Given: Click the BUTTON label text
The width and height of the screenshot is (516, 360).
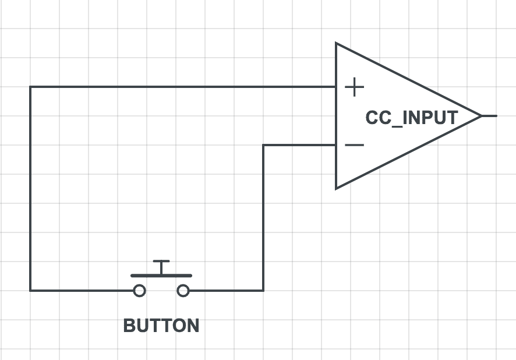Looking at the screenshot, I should click(x=161, y=325).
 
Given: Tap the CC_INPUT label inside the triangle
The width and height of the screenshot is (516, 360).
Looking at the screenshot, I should click(x=411, y=117).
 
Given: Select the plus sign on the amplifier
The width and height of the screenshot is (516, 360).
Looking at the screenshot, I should click(x=354, y=88).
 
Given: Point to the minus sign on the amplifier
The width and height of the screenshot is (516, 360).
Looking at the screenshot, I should click(x=354, y=144).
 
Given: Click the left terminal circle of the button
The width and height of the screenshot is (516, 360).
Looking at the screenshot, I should click(x=139, y=290).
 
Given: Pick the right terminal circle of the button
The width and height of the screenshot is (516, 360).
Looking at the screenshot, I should click(x=183, y=290).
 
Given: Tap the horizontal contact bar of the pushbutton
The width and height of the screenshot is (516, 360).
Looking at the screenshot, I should click(x=161, y=275).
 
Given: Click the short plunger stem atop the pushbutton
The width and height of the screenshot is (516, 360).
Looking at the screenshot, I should click(x=161, y=267).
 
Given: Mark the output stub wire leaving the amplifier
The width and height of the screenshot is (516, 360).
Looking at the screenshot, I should click(x=489, y=116).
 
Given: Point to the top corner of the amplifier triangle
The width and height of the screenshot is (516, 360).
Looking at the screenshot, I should click(x=337, y=44).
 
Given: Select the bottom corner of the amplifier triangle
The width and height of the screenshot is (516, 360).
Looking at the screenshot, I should click(x=337, y=188).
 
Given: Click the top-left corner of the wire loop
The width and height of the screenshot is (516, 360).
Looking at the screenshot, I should click(x=30, y=87).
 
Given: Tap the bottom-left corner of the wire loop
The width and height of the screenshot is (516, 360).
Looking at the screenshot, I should click(x=30, y=290).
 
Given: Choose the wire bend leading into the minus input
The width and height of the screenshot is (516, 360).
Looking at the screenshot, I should click(x=263, y=144).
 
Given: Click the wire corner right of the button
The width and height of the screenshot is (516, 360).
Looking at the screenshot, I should click(x=263, y=290).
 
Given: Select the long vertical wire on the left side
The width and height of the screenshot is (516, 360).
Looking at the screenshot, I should click(x=30, y=186).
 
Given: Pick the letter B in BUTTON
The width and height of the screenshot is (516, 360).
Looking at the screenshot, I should click(x=129, y=325).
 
